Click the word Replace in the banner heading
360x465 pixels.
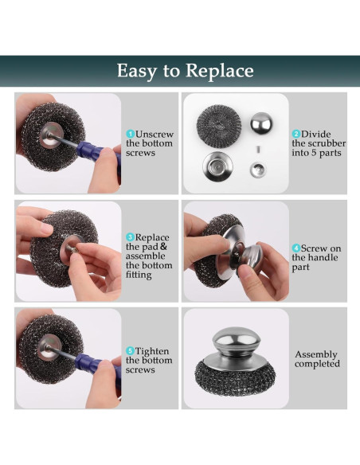[x=220, y=71]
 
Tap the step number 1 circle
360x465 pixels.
[x=130, y=134]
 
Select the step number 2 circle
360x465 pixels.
[x=296, y=134]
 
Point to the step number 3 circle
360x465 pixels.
[x=130, y=237]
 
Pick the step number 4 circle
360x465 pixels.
[x=296, y=248]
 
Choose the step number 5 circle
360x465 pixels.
[x=130, y=351]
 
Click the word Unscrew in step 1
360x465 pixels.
[x=155, y=134]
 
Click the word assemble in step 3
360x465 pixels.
[x=145, y=256]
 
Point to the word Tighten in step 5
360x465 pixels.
[x=152, y=351]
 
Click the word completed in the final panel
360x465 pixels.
[x=317, y=364]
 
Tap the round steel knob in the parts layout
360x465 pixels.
[x=261, y=123]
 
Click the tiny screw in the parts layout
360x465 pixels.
[x=259, y=149]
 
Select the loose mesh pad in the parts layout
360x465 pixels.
[x=219, y=127]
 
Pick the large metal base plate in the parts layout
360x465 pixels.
[x=217, y=166]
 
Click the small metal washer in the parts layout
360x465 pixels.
[x=257, y=170]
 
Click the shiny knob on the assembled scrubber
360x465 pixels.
[x=236, y=338]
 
